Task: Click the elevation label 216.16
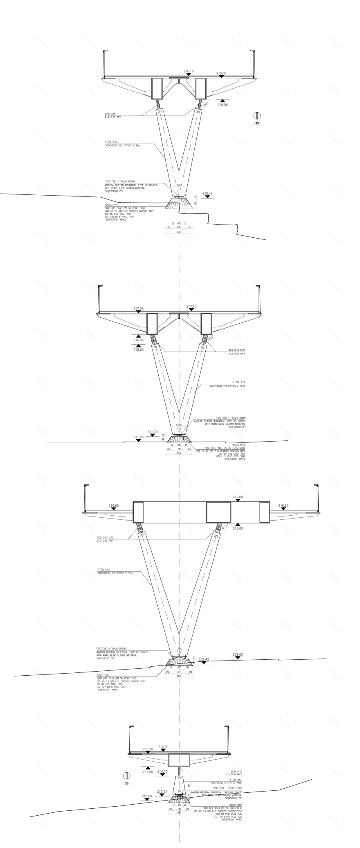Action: coord(188,71)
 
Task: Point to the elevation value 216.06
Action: coord(221,73)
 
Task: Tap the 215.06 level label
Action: coord(223,105)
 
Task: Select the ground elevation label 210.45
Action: coord(207,193)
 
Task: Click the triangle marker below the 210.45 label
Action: coord(207,197)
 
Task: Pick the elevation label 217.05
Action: coord(138,308)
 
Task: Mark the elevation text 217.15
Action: coord(191,306)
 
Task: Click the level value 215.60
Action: coord(138,350)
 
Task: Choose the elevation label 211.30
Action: coord(152,432)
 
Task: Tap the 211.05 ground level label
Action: coord(139,437)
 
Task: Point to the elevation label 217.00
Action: coord(238,497)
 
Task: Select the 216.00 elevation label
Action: coord(238,528)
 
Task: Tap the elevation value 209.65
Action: coord(238,655)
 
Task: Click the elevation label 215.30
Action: coord(163,747)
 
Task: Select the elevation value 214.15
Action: coord(162,771)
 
